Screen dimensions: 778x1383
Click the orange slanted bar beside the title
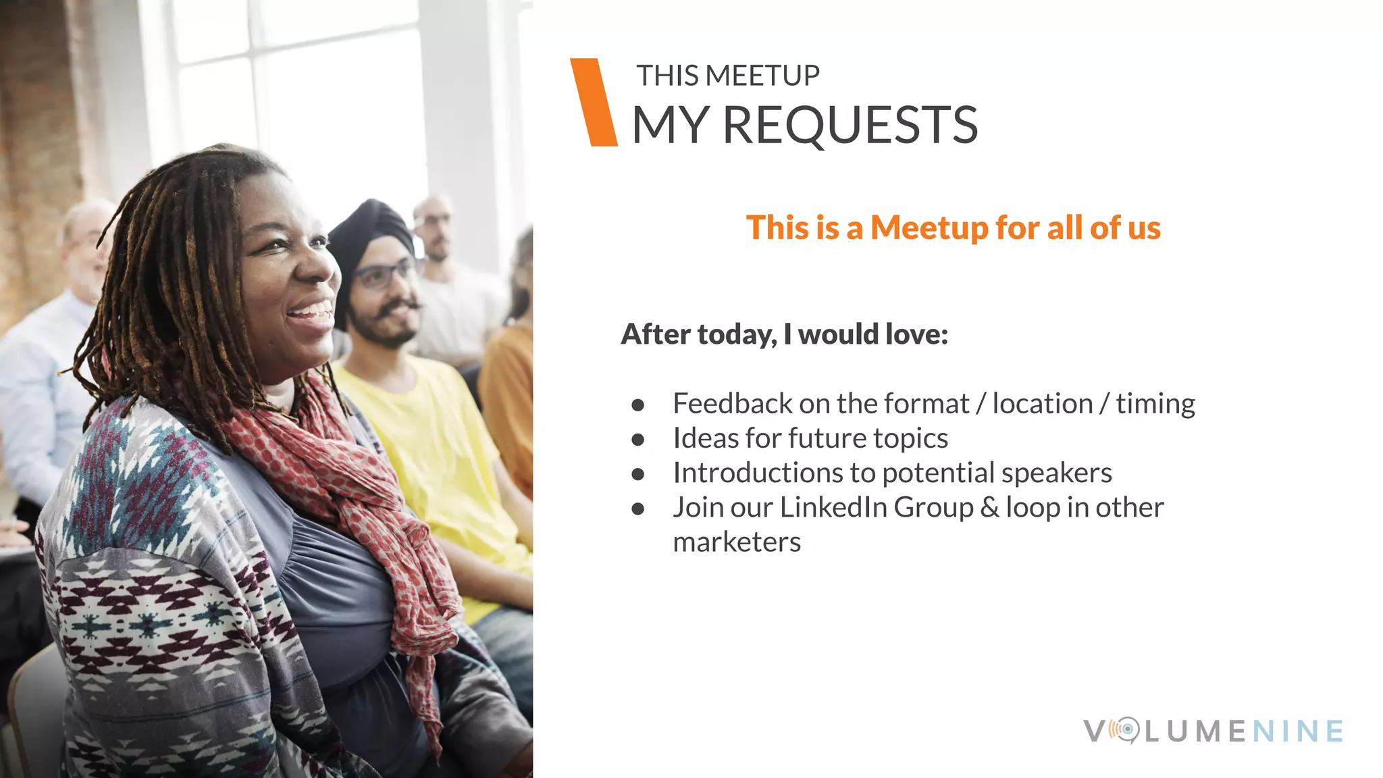tap(594, 102)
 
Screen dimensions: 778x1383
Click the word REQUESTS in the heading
tap(850, 126)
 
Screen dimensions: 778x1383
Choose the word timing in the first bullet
tap(1155, 404)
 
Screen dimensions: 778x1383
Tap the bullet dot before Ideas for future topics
tap(638, 440)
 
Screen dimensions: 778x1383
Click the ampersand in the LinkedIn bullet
tap(989, 508)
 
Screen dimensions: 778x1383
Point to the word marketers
tap(737, 542)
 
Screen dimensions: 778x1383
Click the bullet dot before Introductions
tap(638, 474)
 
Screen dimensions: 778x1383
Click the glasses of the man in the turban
tap(384, 274)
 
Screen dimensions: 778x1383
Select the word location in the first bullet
tap(1042, 404)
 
